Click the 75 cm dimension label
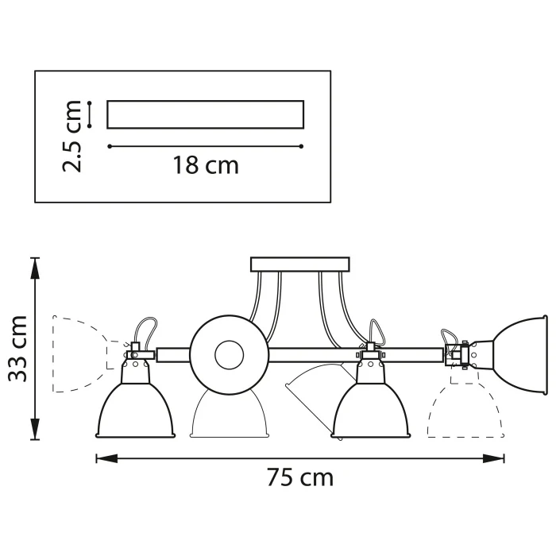299,477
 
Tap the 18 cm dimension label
206,165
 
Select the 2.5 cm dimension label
74,135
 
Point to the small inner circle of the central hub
230,353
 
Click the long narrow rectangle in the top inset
206,114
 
